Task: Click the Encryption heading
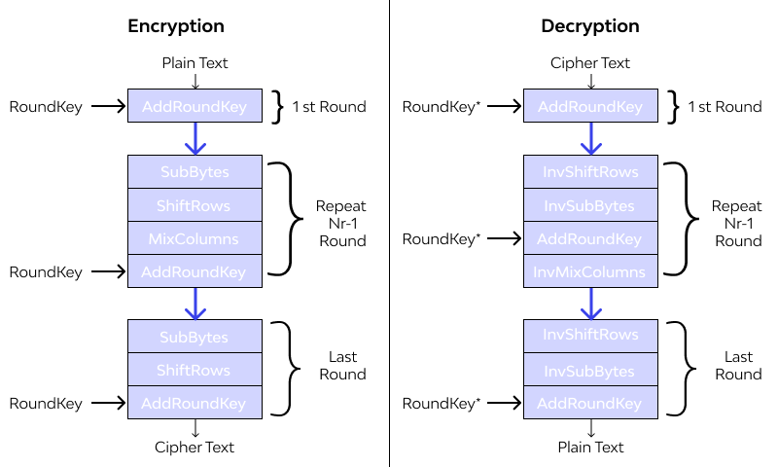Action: coord(176,26)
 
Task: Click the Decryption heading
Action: coord(590,26)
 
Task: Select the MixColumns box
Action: coord(194,238)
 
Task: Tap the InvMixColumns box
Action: coord(590,271)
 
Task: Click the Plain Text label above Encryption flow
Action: coord(194,63)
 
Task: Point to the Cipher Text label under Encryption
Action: coord(194,448)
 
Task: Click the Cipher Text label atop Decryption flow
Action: coord(590,63)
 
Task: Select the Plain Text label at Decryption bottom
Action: coord(590,448)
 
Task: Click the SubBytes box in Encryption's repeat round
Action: coord(194,172)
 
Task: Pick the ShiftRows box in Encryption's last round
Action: coord(194,370)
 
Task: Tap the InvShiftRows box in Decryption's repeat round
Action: coord(590,172)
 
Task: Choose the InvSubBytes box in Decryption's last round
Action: coord(590,370)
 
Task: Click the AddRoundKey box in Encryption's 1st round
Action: coord(194,106)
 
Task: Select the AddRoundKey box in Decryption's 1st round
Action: coord(590,106)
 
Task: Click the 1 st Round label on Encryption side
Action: coord(329,107)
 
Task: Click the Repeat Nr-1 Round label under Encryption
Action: coord(340,223)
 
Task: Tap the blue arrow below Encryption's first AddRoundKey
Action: coord(195,138)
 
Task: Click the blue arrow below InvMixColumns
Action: coord(590,304)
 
